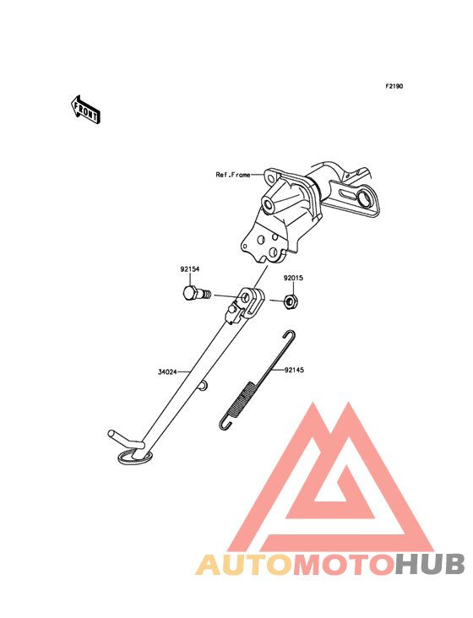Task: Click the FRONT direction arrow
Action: [x=86, y=110]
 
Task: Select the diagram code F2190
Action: [x=394, y=86]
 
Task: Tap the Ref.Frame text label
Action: [x=233, y=175]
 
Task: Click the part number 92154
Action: [x=190, y=269]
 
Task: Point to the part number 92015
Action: [x=293, y=278]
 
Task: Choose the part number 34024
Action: [x=167, y=371]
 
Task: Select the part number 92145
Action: [x=295, y=370]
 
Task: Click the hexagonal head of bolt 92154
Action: [x=190, y=294]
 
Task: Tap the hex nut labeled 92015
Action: [x=291, y=302]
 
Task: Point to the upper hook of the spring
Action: [x=290, y=335]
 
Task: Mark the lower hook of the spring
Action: [x=225, y=424]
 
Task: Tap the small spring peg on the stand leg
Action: [x=204, y=386]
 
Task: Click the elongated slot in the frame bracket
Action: [x=348, y=194]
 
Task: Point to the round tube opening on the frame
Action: [x=269, y=206]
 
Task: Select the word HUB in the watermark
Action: [x=431, y=564]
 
